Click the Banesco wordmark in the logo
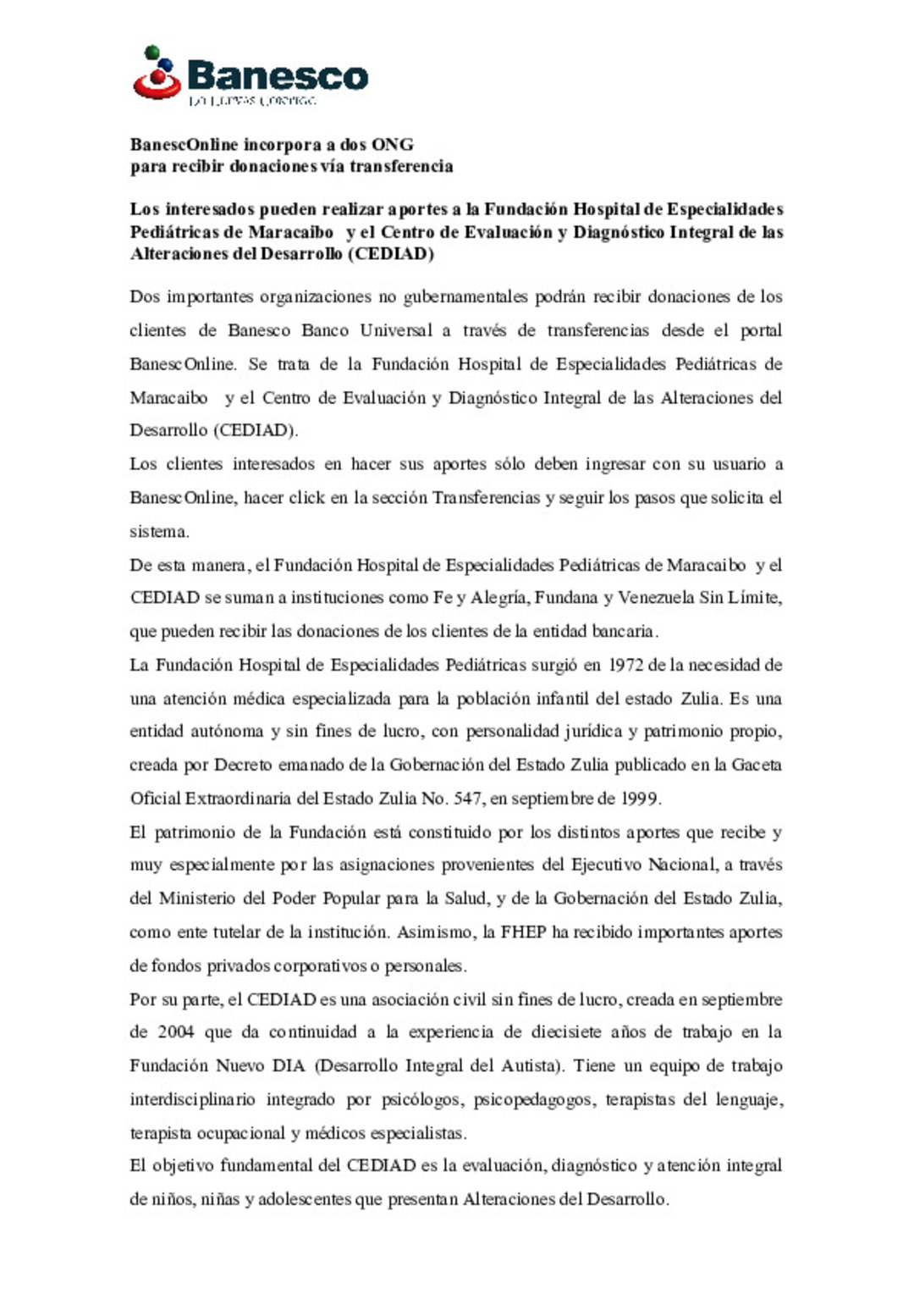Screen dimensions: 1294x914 pos(278,76)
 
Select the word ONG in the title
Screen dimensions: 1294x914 pos(393,145)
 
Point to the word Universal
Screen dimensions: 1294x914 pos(396,330)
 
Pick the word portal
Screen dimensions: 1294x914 pos(761,330)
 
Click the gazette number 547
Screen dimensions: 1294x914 pos(468,799)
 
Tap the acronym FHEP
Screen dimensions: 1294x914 pos(523,932)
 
